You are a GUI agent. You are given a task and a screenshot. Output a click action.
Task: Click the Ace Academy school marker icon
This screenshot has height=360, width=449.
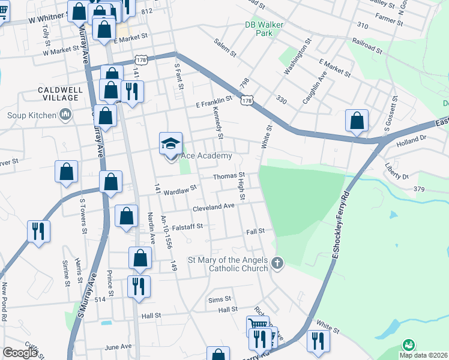pyautogui.click(x=171, y=144)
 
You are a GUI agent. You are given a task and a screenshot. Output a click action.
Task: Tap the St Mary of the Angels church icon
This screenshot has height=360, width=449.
pyautogui.click(x=277, y=262)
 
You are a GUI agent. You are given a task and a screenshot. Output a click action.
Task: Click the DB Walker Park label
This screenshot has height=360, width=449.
pyautogui.click(x=264, y=29)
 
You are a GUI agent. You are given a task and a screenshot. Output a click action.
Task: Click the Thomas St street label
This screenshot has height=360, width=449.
pyautogui.click(x=227, y=176)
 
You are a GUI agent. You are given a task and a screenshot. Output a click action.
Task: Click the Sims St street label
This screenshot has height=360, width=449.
pyautogui.click(x=220, y=299)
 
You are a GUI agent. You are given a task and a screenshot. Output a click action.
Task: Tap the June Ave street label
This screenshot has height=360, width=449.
pyautogui.click(x=118, y=347)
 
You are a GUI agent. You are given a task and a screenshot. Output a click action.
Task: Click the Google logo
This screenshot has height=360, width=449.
pyautogui.click(x=20, y=353)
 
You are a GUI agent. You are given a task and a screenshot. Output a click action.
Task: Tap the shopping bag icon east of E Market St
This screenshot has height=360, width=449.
pyautogui.click(x=357, y=120)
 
